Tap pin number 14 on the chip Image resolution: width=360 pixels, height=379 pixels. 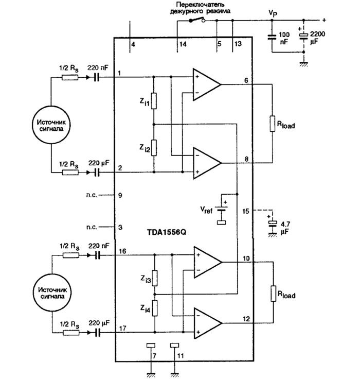183,45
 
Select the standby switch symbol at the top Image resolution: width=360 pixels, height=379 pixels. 196,21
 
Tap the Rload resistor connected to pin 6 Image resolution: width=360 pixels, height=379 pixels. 272,124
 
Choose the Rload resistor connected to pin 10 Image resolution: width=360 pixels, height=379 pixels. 272,295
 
